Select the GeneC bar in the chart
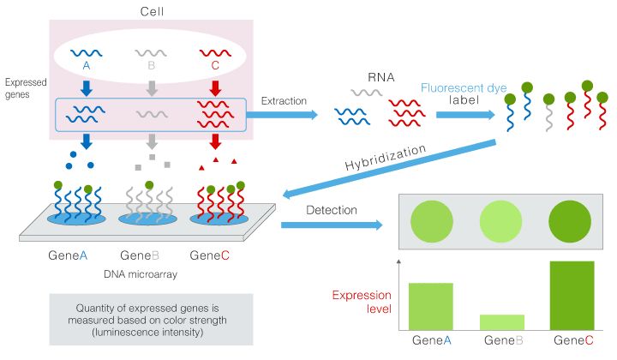pos(571,295)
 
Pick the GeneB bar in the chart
pos(501,321)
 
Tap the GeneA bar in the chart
pos(431,306)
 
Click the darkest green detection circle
pos(571,220)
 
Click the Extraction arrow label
pos(283,101)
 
